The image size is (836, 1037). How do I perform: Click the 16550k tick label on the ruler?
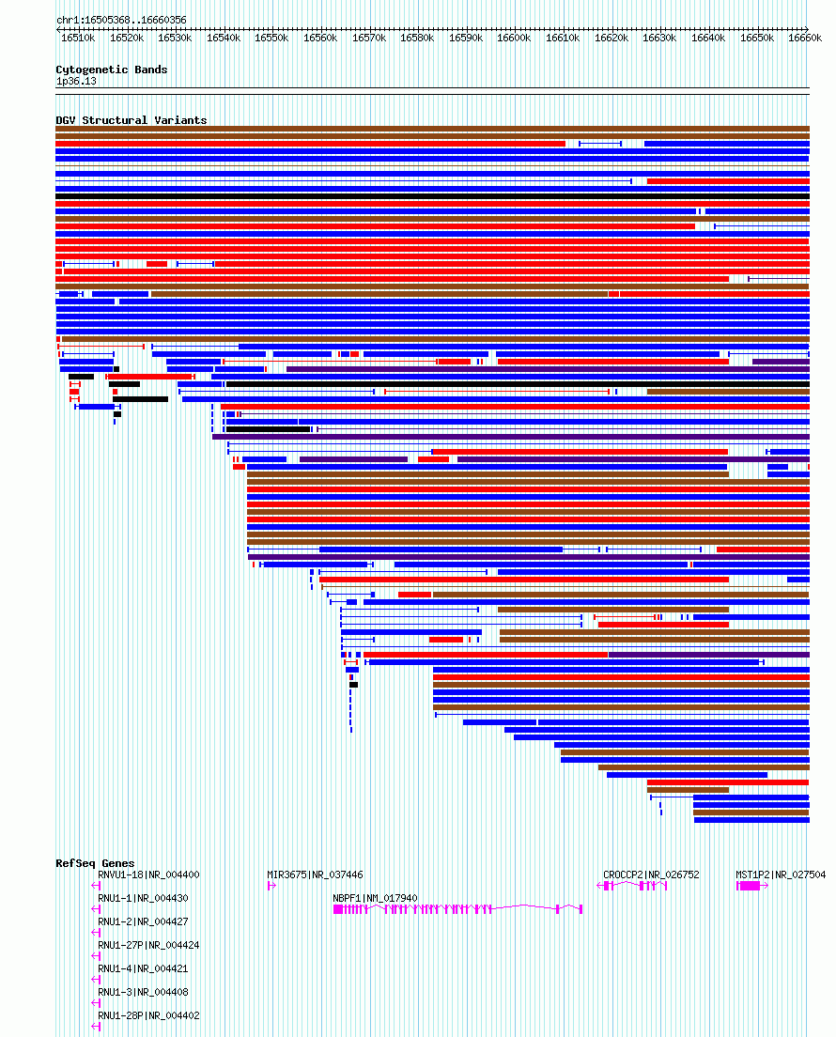(271, 39)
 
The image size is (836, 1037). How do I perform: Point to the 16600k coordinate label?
(513, 39)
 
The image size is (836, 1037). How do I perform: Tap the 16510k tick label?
(78, 39)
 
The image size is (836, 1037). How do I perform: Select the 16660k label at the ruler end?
(804, 39)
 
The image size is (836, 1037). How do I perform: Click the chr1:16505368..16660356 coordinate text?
(122, 21)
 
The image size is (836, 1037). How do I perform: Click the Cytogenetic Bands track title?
(111, 70)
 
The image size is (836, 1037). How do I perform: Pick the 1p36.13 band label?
(76, 82)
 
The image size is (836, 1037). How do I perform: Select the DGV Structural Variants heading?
(131, 120)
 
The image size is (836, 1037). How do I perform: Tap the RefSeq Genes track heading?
(95, 863)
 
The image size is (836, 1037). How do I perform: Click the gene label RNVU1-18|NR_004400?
(148, 875)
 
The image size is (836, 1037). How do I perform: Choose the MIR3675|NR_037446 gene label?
(315, 875)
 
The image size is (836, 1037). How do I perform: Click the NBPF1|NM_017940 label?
(375, 898)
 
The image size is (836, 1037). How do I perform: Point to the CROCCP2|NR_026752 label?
(651, 875)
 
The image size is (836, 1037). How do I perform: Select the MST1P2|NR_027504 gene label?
(781, 875)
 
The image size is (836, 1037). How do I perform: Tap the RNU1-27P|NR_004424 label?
(148, 946)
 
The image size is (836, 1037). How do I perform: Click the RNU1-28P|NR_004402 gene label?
(148, 1015)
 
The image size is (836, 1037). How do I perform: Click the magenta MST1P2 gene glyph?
(752, 886)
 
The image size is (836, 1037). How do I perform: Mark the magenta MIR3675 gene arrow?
(271, 886)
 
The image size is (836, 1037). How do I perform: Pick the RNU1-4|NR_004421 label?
(143, 968)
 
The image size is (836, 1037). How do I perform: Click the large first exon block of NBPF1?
(338, 909)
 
